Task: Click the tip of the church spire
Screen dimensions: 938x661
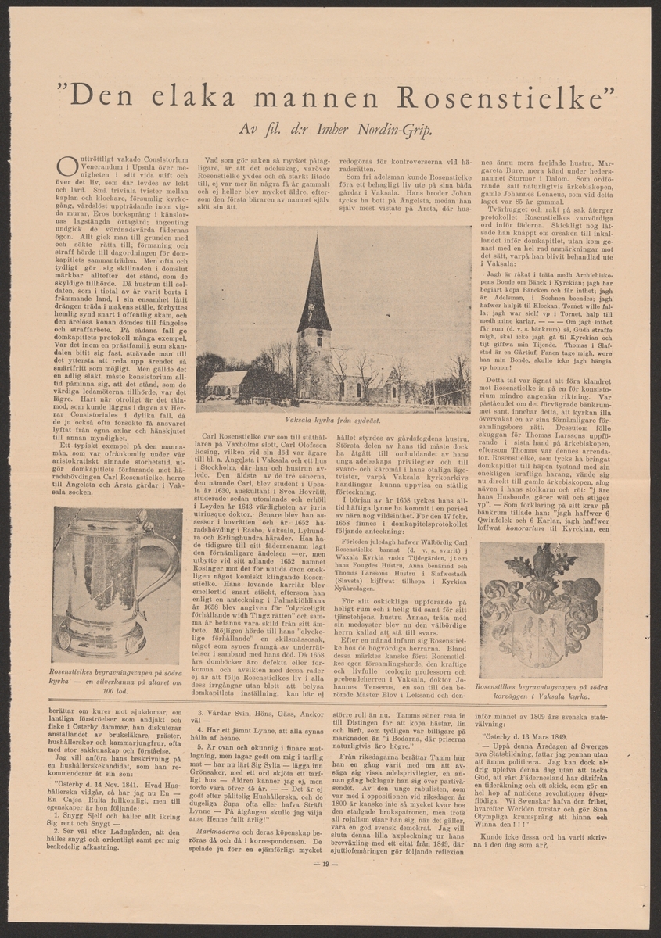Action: (316, 236)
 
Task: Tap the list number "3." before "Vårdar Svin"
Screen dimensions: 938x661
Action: (199, 714)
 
